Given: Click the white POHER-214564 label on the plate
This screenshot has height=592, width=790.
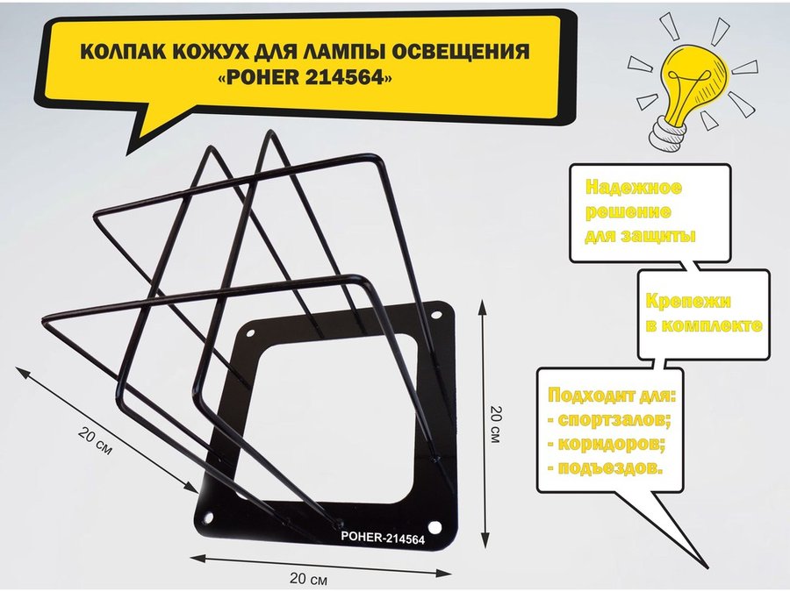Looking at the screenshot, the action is [383, 538].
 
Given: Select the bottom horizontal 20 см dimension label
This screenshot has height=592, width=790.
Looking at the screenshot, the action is [308, 579].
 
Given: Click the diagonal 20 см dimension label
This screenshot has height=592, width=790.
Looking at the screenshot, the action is [95, 441].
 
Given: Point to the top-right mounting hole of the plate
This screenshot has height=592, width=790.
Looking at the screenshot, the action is [434, 316].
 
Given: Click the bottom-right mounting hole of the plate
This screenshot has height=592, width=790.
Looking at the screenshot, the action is [434, 528].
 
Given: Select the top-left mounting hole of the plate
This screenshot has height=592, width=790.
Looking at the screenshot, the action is [250, 332].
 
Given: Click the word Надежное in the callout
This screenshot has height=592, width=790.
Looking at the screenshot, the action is [634, 188].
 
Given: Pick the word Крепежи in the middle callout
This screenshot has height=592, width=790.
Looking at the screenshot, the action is [687, 301].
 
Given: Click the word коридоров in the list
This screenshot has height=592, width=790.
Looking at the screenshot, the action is [612, 444].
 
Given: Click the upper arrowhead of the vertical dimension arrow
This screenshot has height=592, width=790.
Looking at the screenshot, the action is [483, 306].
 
